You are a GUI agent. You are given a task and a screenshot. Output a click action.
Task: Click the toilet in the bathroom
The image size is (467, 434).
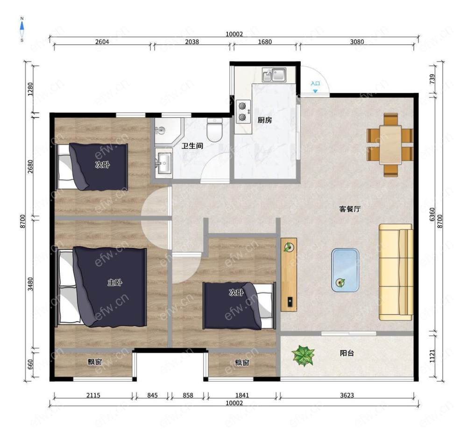pyautogui.click(x=214, y=130)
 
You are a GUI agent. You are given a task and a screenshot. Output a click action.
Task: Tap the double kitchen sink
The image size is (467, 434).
pyautogui.click(x=274, y=75)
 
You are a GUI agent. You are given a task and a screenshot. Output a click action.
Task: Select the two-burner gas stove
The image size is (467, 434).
pyautogui.click(x=243, y=111)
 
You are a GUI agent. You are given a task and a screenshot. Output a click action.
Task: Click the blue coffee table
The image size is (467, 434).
pyautogui.click(x=345, y=270)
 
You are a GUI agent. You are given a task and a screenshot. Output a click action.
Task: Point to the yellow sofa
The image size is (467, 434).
pyautogui.click(x=396, y=272)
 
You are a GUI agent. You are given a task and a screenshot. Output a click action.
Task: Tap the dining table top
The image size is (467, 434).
pyautogui.click(x=390, y=145)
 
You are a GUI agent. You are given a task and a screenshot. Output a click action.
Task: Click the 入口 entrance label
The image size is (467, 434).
pyautogui.click(x=315, y=83)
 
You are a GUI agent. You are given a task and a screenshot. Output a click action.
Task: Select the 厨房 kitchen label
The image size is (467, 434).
pyautogui.click(x=264, y=120)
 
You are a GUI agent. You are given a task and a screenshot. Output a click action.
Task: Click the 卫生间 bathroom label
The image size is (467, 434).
pyautogui.click(x=192, y=146)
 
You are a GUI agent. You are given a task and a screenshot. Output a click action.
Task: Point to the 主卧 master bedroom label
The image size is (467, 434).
pyautogui.click(x=115, y=282)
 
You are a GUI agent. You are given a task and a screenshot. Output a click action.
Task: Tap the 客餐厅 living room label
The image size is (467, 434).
pyautogui.click(x=350, y=209)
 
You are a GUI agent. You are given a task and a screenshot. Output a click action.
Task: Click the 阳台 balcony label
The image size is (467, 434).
pyautogui.click(x=347, y=353)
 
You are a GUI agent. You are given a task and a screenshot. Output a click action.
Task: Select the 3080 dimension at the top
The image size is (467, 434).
pyautogui.click(x=357, y=41)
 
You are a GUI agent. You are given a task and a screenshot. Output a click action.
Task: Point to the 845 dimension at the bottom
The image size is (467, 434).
pyautogui.click(x=152, y=396)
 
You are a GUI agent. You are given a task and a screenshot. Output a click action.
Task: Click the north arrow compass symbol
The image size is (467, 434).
pyautogui.click(x=22, y=29)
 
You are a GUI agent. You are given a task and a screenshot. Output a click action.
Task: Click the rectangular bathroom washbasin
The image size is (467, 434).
pyautogui.click(x=163, y=163)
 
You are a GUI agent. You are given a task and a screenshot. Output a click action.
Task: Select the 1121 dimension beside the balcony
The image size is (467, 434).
pyautogui.click(x=432, y=356)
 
